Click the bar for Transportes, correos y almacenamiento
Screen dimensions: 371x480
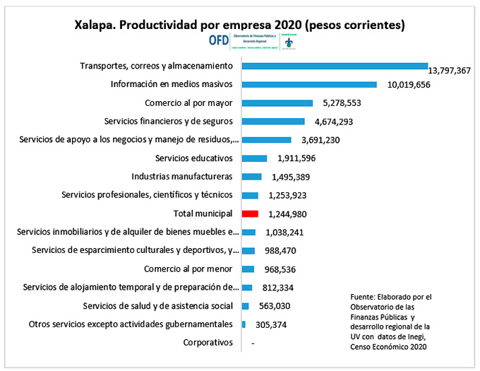point(335,66)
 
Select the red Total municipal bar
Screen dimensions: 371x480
point(250,213)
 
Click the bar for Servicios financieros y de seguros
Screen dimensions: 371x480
point(273,121)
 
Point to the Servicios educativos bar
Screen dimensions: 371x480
point(254,158)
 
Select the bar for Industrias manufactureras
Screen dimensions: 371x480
point(251,177)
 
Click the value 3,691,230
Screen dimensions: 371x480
point(318,140)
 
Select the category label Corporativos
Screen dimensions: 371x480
point(208,343)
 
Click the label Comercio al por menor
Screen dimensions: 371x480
point(188,269)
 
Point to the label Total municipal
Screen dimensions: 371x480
point(203,213)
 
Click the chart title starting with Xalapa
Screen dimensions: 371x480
point(239,24)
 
